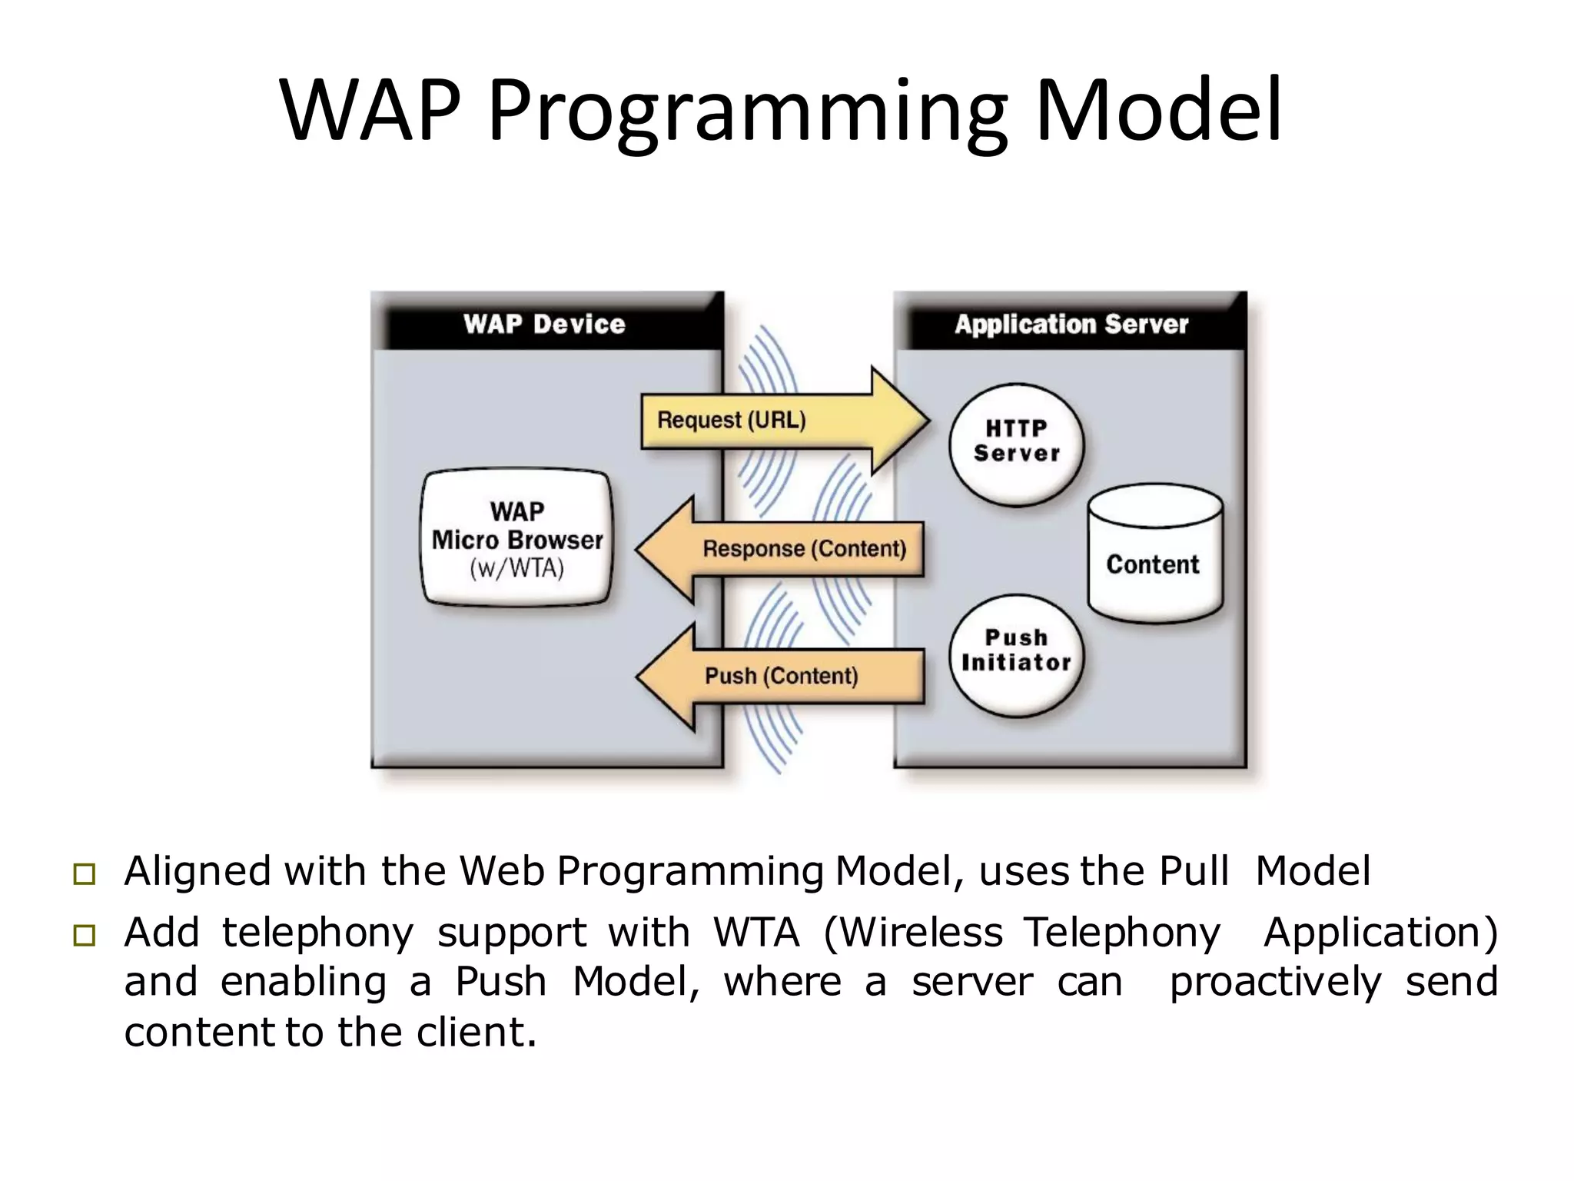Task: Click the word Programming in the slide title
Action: (x=746, y=111)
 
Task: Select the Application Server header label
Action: (x=1071, y=324)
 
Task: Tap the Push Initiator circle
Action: (x=1016, y=654)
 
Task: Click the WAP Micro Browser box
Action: (x=517, y=538)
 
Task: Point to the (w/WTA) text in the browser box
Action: (x=517, y=569)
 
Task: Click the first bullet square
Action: (x=85, y=874)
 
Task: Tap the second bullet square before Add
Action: (x=85, y=935)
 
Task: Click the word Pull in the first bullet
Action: (x=1193, y=871)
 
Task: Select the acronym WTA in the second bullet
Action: (x=756, y=933)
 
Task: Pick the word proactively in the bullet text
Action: (x=1275, y=982)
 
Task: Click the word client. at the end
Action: (x=476, y=1032)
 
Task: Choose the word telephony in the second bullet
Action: (x=317, y=933)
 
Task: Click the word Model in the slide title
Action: (x=1159, y=111)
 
